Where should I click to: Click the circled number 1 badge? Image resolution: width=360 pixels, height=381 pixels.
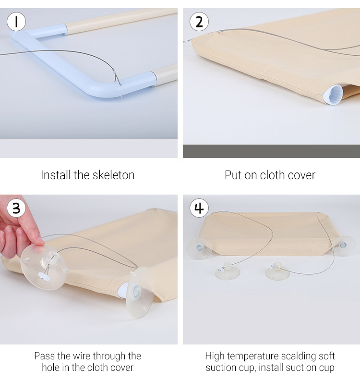coord(16,22)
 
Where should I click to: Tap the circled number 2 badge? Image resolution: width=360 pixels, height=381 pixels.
coord(199,22)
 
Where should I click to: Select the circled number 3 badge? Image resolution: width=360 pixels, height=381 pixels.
coord(16,208)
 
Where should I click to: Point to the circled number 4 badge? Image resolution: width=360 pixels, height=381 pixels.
coord(199,208)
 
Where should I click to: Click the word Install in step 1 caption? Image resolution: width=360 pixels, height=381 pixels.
coord(56,175)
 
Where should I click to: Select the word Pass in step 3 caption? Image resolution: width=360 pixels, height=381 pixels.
coord(45,356)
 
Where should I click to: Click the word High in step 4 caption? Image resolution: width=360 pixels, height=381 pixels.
coord(215,356)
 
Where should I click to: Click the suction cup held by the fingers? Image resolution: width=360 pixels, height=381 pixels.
coord(43,267)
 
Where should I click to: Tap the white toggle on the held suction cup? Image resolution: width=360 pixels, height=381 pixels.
coord(44,276)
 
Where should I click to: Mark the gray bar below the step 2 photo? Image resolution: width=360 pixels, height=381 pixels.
coord(271,151)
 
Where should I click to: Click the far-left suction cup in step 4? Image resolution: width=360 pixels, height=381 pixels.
coord(200,248)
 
